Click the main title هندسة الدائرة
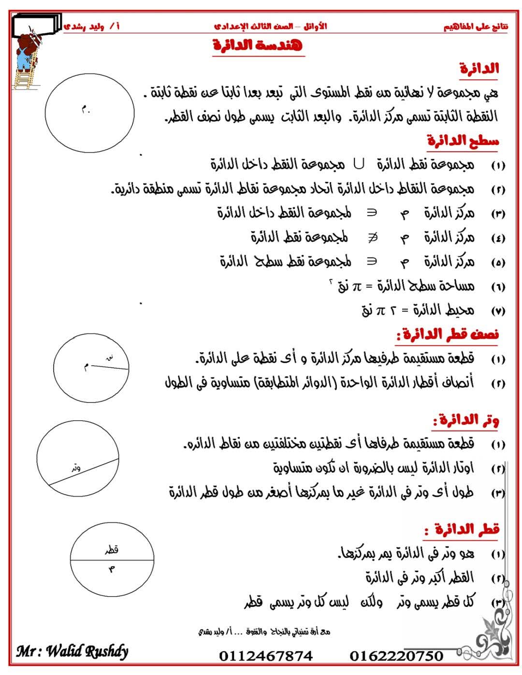tap(259, 46)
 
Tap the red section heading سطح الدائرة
tap(463, 141)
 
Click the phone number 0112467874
tap(266, 656)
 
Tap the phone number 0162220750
tap(396, 656)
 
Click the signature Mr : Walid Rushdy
tap(72, 651)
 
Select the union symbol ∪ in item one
tap(359, 165)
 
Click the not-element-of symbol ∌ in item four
tap(373, 237)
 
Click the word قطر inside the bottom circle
tap(112, 549)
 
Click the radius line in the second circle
tap(110, 367)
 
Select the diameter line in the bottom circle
tap(112, 560)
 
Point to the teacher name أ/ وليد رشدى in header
tap(92, 26)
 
